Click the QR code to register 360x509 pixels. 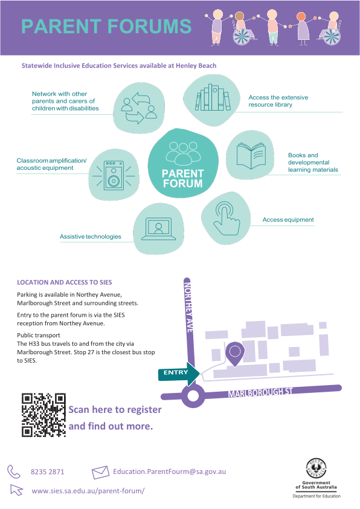click(43, 415)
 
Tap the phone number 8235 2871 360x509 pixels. click(47, 472)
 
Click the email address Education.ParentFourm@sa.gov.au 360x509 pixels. click(169, 472)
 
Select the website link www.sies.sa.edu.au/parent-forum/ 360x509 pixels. click(88, 491)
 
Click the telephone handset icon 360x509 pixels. click(14, 472)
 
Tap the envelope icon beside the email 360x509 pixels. click(100, 472)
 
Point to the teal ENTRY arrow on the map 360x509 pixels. click(179, 374)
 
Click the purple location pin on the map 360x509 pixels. click(235, 354)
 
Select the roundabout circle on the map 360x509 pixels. click(193, 397)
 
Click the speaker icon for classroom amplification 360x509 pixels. click(114, 176)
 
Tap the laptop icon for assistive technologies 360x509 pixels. click(159, 229)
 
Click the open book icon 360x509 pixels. click(251, 155)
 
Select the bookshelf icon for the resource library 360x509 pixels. click(213, 97)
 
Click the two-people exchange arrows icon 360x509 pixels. click(138, 108)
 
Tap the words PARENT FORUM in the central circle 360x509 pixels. click(182, 178)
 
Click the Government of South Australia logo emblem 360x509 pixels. click(317, 468)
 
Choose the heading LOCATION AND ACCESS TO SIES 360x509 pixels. click(65, 282)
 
